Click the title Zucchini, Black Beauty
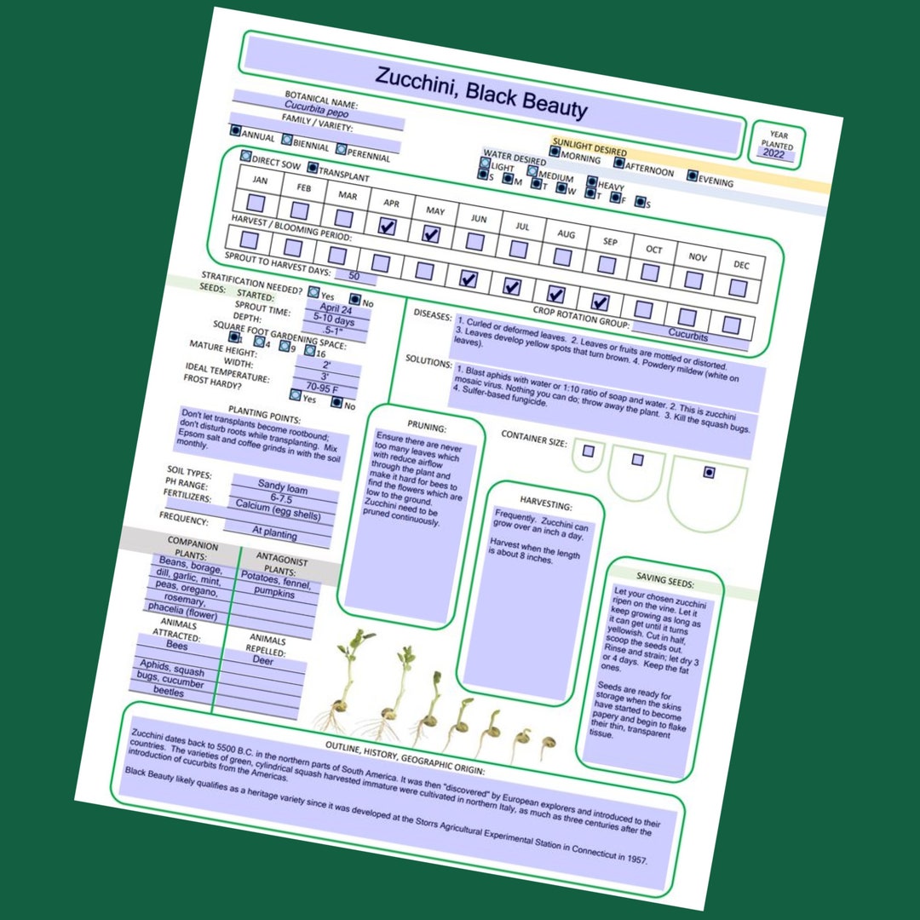pos(481,91)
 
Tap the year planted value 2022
pos(773,153)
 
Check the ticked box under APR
pos(387,226)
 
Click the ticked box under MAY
pos(431,234)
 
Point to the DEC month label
pos(741,265)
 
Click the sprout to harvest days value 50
pos(354,277)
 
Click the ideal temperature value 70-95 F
pos(323,388)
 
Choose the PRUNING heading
pos(427,427)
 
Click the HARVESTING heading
pos(545,504)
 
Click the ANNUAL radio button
pos(236,131)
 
